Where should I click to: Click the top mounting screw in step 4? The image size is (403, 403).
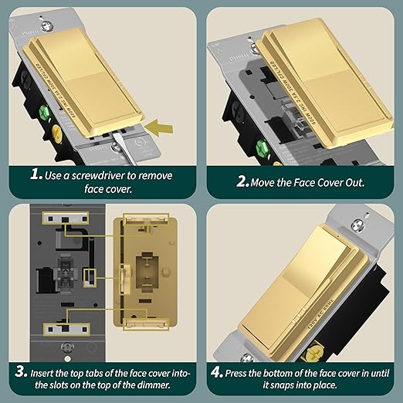tap(357, 225)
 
